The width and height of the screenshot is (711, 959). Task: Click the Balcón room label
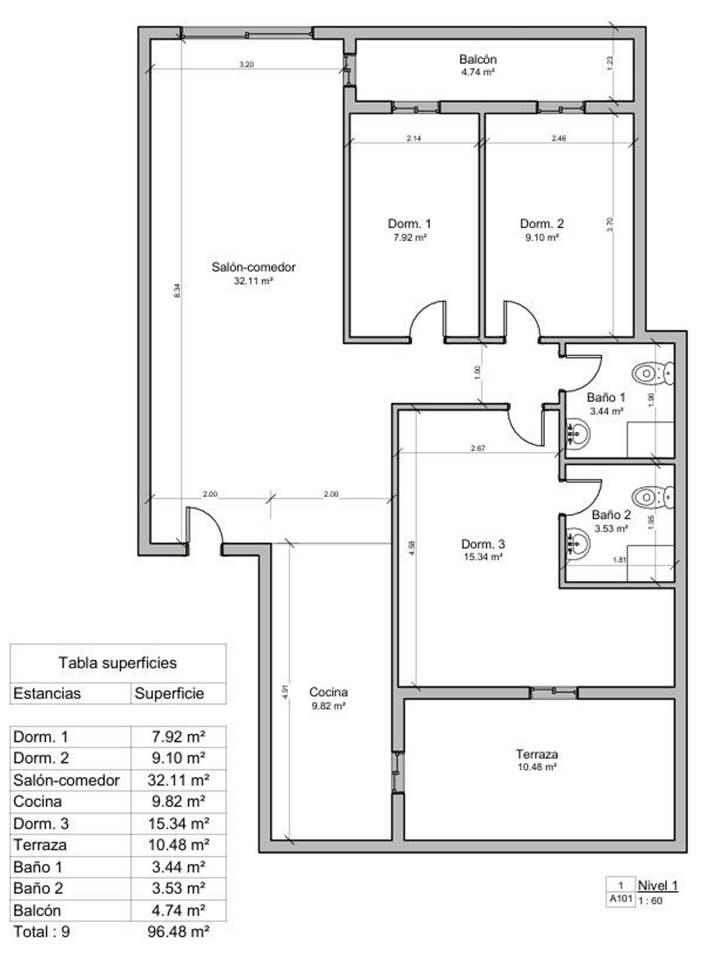(478, 59)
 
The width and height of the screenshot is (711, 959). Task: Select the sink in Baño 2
(579, 541)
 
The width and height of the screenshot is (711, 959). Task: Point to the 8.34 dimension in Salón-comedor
(177, 290)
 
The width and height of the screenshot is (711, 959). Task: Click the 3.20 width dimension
(246, 65)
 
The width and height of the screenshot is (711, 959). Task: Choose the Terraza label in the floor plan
(537, 754)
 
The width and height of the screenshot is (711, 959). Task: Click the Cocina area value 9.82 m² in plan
(328, 705)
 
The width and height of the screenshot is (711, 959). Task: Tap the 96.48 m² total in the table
(178, 931)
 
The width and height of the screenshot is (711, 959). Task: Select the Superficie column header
(169, 693)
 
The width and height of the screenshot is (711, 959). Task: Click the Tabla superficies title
(118, 663)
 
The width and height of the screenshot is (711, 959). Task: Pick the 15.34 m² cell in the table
(178, 823)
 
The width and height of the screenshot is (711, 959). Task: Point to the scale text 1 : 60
(650, 901)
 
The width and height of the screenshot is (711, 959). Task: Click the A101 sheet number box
(620, 899)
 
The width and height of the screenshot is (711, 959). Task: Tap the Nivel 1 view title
(658, 885)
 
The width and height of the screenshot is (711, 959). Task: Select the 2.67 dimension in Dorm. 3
(478, 448)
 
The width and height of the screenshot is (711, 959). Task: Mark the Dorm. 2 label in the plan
(542, 223)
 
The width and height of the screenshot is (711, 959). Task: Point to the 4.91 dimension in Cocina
(285, 692)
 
